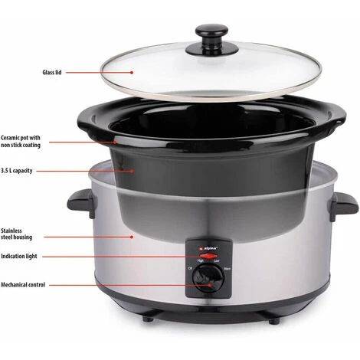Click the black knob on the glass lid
pos(211,39)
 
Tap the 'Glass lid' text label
pos(52,73)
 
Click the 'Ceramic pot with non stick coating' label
pos(21,141)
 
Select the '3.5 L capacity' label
pos(17,171)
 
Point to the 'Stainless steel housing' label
pos(16,234)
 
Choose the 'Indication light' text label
pos(19,256)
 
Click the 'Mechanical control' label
pos(23,285)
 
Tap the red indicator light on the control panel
pos(208,256)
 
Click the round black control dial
pos(208,278)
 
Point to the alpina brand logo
pos(208,247)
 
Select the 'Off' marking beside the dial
pos(190,268)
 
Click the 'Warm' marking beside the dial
pos(227,269)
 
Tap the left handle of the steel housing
pos(81,203)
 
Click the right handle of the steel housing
pos(343,206)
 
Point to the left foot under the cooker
pos(148,319)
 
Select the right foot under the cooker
pos(274,321)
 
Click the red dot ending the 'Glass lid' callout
pos(132,73)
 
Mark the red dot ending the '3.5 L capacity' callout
pos(132,171)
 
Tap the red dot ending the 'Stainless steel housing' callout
pos(132,237)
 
